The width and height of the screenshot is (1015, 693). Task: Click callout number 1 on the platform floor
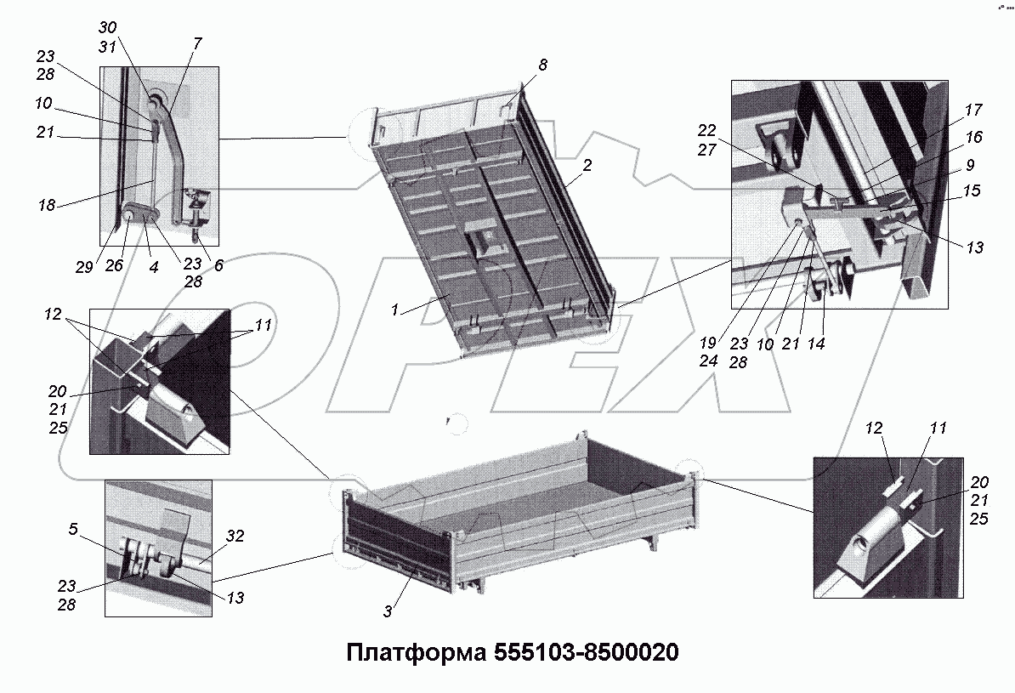(395, 311)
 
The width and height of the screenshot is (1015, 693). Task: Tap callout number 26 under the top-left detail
(114, 265)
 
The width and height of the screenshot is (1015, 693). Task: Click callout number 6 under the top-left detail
(218, 264)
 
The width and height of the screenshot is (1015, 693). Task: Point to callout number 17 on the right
(973, 110)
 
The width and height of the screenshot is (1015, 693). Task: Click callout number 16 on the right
(973, 137)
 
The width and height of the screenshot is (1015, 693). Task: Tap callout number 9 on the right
(970, 164)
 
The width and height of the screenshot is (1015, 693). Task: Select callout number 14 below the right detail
(817, 344)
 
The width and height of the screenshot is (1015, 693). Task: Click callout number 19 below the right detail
(708, 344)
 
